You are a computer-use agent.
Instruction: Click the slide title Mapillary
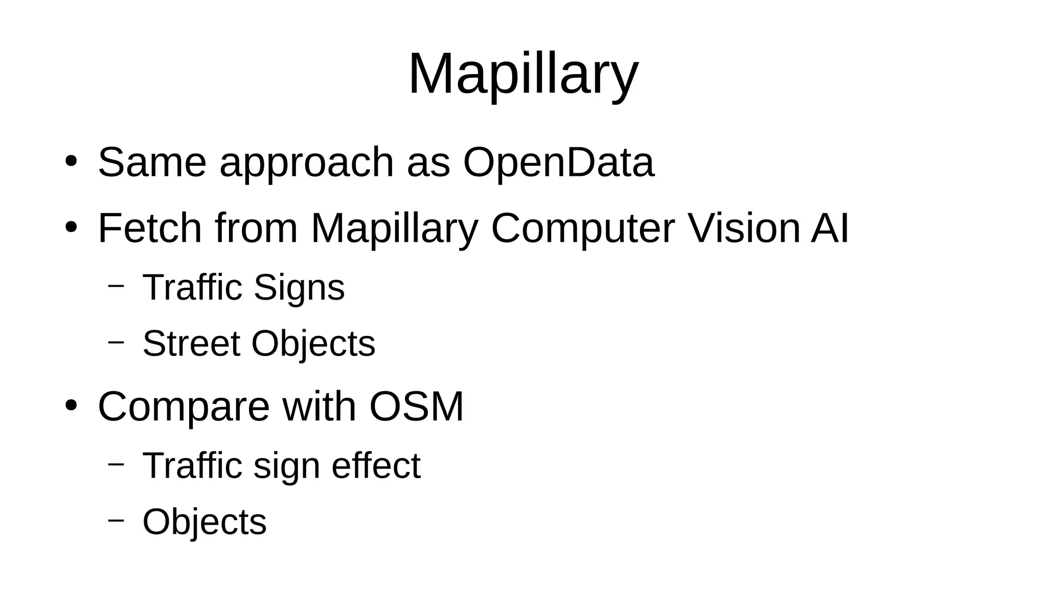pyautogui.click(x=523, y=74)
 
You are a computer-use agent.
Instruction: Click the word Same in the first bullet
pyautogui.click(x=152, y=163)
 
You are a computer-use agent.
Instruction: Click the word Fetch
pyautogui.click(x=150, y=228)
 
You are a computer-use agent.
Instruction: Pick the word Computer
pyautogui.click(x=583, y=229)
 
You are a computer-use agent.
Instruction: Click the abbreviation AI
pyautogui.click(x=830, y=228)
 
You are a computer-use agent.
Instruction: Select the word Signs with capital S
pyautogui.click(x=299, y=288)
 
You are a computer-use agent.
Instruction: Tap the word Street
pyautogui.click(x=191, y=343)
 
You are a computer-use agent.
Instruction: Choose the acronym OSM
pyautogui.click(x=416, y=407)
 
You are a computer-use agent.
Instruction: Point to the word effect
pyautogui.click(x=376, y=466)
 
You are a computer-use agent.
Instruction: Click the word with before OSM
pyautogui.click(x=319, y=407)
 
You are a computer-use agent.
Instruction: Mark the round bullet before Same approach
pyautogui.click(x=71, y=162)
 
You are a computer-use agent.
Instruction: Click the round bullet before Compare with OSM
pyautogui.click(x=71, y=405)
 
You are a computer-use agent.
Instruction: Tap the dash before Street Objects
pyautogui.click(x=116, y=342)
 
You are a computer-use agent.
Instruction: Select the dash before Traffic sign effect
pyautogui.click(x=116, y=464)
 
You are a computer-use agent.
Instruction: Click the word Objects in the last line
pyautogui.click(x=204, y=523)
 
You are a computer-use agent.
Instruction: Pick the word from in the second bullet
pyautogui.click(x=256, y=228)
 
